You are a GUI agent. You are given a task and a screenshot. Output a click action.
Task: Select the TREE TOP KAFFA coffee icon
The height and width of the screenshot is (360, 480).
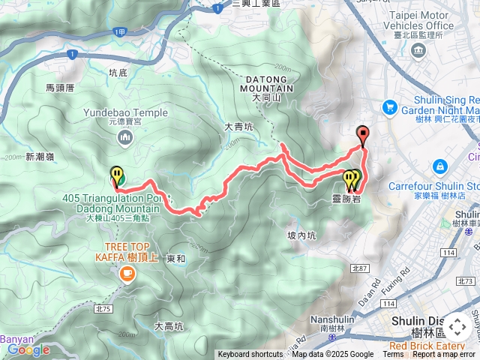pos(125,275)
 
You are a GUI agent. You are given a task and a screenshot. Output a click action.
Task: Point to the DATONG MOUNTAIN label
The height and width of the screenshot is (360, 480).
pos(265,82)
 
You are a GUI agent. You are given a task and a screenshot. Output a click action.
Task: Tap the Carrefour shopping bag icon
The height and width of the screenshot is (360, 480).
pos(440,166)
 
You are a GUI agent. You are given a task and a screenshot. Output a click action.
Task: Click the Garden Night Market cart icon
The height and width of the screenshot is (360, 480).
pos(389,108)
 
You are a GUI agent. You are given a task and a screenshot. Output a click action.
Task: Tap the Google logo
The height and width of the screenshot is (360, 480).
pos(28,349)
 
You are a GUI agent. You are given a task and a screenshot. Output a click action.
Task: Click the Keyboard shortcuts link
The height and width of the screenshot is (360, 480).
pos(250,355)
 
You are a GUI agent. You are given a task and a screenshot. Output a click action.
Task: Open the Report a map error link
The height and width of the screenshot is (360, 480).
pos(444,355)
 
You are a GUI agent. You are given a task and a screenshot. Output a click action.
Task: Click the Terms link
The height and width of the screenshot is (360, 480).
pos(393,355)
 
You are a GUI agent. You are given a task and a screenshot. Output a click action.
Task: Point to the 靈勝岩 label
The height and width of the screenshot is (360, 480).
pos(346,199)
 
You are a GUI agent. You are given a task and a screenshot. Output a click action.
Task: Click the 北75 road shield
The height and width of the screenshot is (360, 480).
pos(103,288)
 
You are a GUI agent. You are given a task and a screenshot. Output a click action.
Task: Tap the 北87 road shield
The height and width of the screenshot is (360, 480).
pos(360,268)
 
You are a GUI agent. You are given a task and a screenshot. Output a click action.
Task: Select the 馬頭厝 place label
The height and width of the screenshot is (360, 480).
pos(61,88)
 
